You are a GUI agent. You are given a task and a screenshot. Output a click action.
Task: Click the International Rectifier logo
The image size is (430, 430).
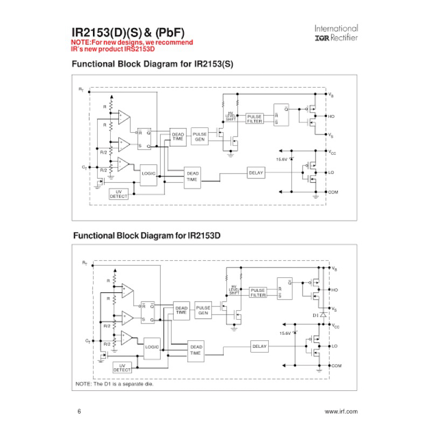tap(336, 33)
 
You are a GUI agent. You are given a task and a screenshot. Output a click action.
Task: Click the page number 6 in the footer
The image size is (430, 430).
tap(80, 412)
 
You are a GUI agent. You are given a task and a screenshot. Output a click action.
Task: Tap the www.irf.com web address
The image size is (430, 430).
tap(341, 412)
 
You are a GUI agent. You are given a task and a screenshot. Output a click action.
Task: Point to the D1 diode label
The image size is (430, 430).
tap(316, 314)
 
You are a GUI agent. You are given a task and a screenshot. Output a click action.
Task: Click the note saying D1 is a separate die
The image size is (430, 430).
tap(114, 384)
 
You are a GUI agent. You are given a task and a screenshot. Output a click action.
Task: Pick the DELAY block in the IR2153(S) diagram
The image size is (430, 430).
tap(256, 173)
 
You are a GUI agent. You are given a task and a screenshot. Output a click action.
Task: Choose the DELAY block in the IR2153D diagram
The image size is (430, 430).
tap(259, 347)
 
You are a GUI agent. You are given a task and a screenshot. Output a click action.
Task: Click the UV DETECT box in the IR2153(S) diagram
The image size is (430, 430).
tap(119, 194)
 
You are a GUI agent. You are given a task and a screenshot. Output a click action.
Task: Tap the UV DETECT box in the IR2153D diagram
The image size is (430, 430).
tap(122, 368)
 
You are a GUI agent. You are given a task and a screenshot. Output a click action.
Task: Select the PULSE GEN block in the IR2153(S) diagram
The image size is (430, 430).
tap(199, 137)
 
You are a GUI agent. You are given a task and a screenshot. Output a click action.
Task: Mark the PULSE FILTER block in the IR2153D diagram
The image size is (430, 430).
tap(258, 292)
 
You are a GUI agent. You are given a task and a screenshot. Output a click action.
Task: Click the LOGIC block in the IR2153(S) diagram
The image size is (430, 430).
tap(148, 174)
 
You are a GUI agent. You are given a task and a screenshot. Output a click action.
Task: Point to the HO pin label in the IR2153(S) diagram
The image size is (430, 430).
tap(331, 116)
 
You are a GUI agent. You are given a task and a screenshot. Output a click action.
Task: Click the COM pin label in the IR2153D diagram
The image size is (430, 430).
tap(336, 366)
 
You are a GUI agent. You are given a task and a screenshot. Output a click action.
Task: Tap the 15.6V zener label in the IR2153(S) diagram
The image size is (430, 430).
tap(282, 159)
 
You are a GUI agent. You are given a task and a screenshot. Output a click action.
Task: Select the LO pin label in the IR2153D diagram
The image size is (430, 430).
tap(335, 346)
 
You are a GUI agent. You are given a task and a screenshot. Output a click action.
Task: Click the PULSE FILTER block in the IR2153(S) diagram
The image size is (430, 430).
tap(254, 119)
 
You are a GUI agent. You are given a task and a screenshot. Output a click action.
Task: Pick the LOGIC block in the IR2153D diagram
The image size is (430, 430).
tap(152, 347)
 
